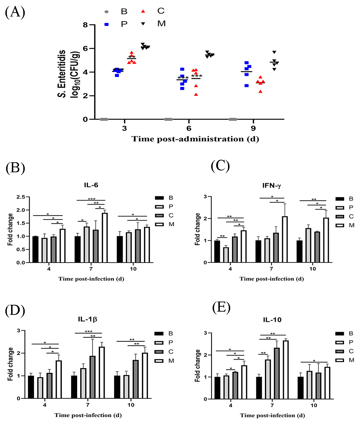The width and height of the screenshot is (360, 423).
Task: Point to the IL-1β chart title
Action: tap(88, 320)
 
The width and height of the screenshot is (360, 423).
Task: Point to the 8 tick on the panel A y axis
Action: tap(85, 25)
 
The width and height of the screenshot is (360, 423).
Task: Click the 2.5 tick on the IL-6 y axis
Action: tap(22, 197)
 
